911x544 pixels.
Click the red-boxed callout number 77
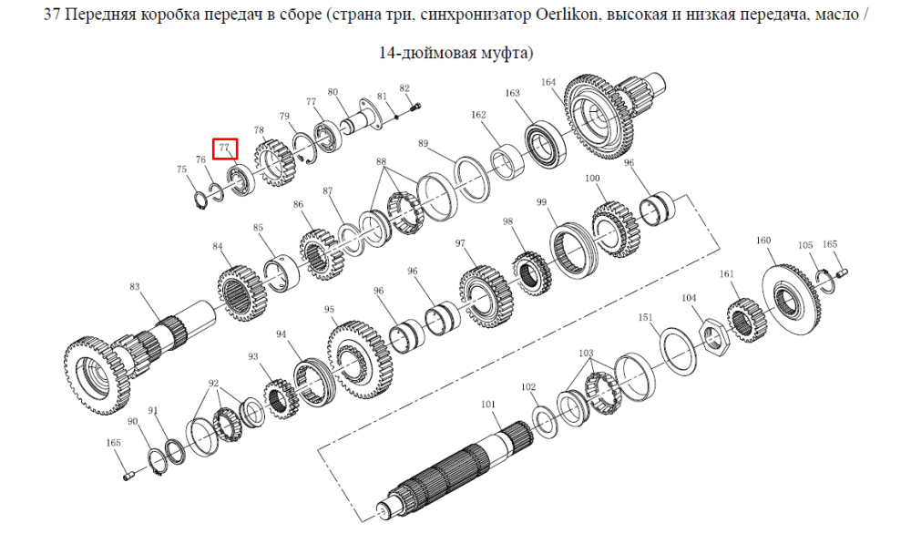(x=225, y=149)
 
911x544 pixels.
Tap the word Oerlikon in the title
(x=566, y=14)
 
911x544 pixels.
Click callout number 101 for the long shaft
(x=488, y=405)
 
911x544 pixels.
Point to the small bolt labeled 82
(x=415, y=107)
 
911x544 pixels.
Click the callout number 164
(x=548, y=83)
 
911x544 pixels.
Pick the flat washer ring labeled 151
(x=680, y=352)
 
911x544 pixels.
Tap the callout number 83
(x=135, y=286)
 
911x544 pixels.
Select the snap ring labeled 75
(x=200, y=200)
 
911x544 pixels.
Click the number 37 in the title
(x=52, y=14)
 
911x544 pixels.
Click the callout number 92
(x=214, y=383)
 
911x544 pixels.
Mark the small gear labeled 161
(x=747, y=320)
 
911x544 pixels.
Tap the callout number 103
(x=586, y=353)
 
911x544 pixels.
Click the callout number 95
(x=330, y=309)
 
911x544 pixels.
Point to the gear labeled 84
(x=244, y=294)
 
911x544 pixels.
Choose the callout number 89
(x=423, y=143)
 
